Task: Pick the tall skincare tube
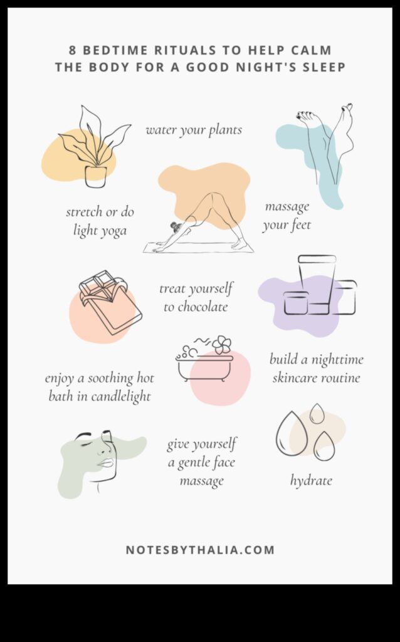(x=317, y=282)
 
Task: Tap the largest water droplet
(x=292, y=433)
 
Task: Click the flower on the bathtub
(x=221, y=344)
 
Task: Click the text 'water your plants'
(x=194, y=130)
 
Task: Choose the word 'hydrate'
(x=311, y=481)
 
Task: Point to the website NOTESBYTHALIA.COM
(x=200, y=550)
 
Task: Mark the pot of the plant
(x=95, y=176)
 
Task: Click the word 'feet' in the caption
(x=298, y=224)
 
